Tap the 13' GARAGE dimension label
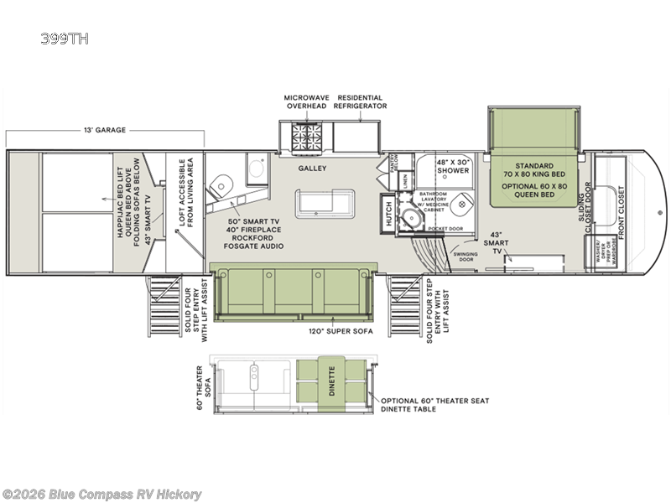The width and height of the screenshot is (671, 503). (x=105, y=130)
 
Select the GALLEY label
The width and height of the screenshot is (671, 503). (x=311, y=168)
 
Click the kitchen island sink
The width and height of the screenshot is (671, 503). (x=323, y=204)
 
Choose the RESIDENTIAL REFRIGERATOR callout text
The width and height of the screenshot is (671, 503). (x=360, y=102)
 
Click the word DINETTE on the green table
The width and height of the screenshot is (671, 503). (x=330, y=381)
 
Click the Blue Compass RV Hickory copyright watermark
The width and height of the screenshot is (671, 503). (x=102, y=494)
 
